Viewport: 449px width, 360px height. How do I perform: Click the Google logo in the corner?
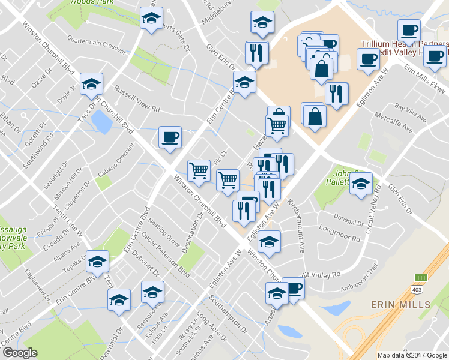click(20, 353)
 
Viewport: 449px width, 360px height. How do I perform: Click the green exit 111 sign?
click(421, 277)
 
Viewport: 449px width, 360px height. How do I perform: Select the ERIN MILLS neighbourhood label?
click(402, 304)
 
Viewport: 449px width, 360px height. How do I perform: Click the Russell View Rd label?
click(137, 101)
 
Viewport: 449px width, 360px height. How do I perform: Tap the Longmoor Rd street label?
click(340, 234)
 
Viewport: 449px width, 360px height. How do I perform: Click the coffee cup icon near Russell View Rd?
click(169, 137)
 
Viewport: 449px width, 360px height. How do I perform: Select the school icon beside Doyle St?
click(91, 83)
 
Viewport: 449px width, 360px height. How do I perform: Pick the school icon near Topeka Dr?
click(97, 261)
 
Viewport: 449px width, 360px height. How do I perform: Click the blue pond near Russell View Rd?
click(101, 123)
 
